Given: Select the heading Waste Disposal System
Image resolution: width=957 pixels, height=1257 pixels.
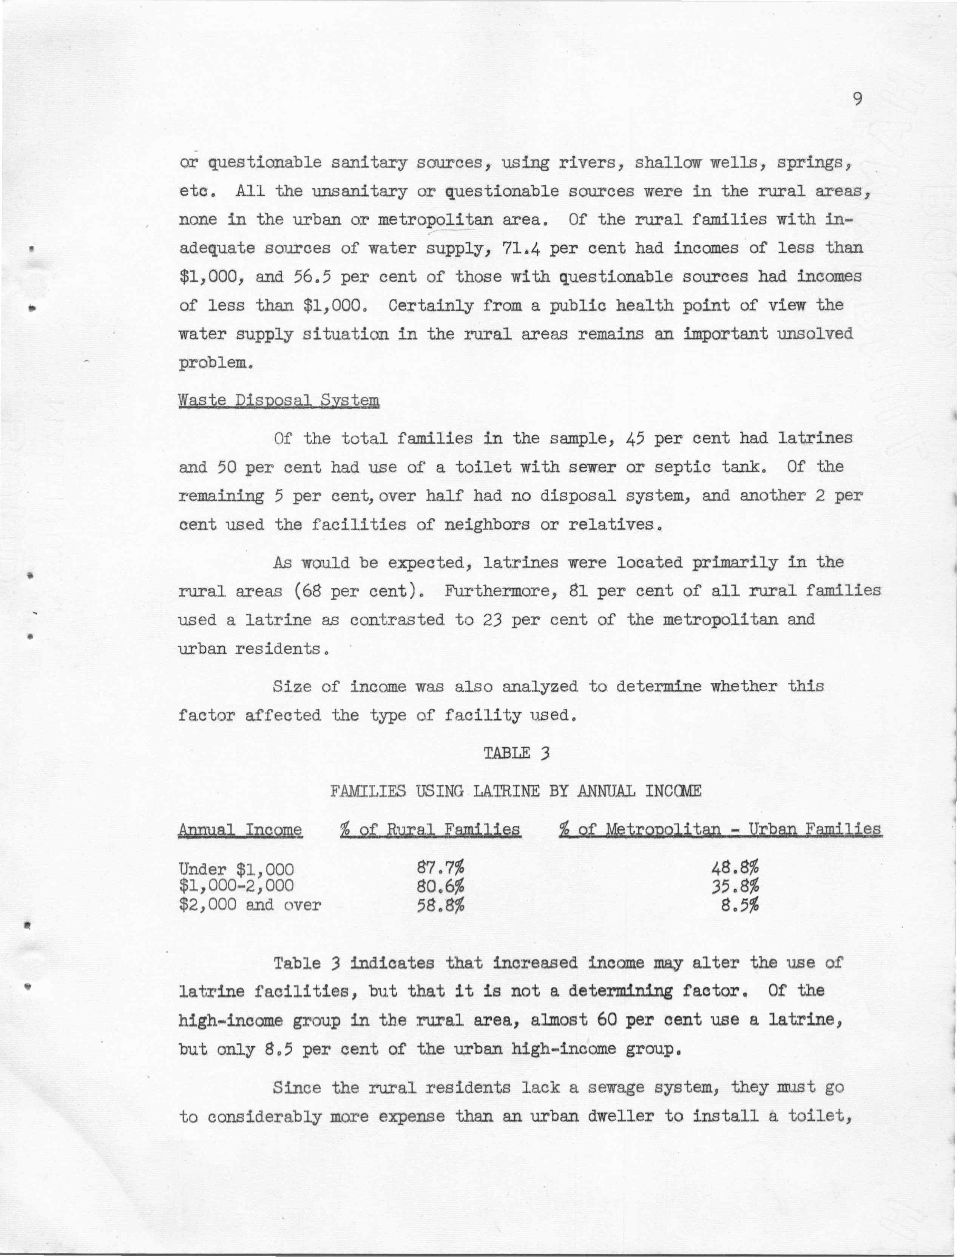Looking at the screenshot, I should click(x=279, y=400).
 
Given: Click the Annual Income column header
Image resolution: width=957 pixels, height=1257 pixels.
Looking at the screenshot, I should click(x=241, y=830).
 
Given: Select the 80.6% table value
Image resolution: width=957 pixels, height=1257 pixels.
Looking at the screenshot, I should click(x=441, y=886).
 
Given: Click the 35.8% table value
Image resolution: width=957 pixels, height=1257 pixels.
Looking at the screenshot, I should click(x=736, y=886).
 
